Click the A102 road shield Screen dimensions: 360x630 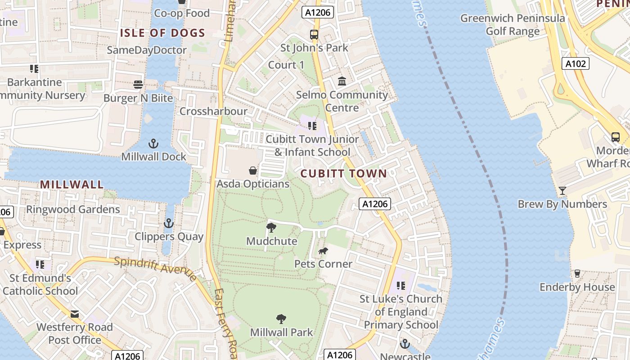click(576, 64)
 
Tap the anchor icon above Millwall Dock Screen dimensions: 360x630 click(154, 144)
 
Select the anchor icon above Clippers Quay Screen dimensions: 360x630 click(168, 223)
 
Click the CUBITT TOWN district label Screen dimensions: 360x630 click(343, 174)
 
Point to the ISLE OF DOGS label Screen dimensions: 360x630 click(162, 33)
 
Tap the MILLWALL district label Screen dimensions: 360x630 click(72, 184)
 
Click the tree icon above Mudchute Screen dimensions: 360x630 click(271, 228)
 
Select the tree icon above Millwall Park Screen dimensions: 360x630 click(281, 319)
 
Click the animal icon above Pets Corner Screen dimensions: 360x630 click(323, 251)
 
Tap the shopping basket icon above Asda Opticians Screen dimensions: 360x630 click(253, 171)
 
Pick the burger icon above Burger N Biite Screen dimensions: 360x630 click(138, 85)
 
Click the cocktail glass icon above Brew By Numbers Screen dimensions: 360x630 click(562, 191)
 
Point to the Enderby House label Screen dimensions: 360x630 click(577, 287)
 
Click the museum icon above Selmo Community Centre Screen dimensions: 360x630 click(342, 81)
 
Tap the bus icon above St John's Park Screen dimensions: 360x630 click(314, 34)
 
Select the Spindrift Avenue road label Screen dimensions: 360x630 click(155, 269)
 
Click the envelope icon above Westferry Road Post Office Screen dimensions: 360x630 click(75, 314)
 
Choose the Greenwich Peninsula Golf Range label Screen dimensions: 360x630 click(513, 25)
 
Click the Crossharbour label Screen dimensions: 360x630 click(213, 111)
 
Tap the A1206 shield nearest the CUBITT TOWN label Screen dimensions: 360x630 click(375, 204)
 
